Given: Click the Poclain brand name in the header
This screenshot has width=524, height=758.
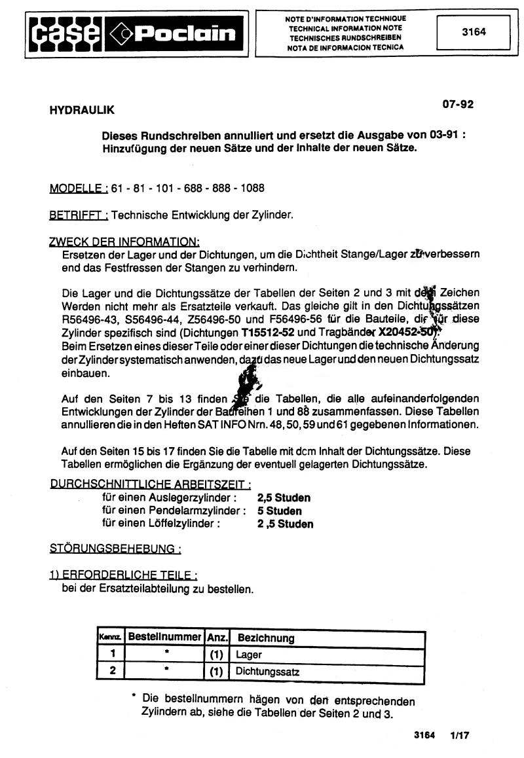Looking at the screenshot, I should (x=185, y=33).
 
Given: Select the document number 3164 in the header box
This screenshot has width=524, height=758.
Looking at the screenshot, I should (x=474, y=31).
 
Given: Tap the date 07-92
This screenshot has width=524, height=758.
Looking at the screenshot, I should (x=457, y=104).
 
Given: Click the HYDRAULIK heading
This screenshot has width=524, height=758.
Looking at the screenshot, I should (x=82, y=111).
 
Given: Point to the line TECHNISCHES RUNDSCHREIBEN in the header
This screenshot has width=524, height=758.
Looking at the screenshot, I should (x=346, y=38).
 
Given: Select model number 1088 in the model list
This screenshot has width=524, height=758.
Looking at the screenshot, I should (x=252, y=189).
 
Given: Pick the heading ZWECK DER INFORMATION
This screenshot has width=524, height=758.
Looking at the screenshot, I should (x=124, y=242).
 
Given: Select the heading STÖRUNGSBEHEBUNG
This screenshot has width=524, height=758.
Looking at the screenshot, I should (x=115, y=548).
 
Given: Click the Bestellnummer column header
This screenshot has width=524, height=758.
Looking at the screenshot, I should (x=164, y=637).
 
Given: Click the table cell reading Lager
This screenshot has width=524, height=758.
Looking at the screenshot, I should (x=249, y=655).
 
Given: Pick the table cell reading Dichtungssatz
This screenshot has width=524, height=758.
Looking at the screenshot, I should (x=268, y=672).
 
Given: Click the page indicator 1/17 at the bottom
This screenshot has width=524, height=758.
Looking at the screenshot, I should (x=460, y=735).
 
